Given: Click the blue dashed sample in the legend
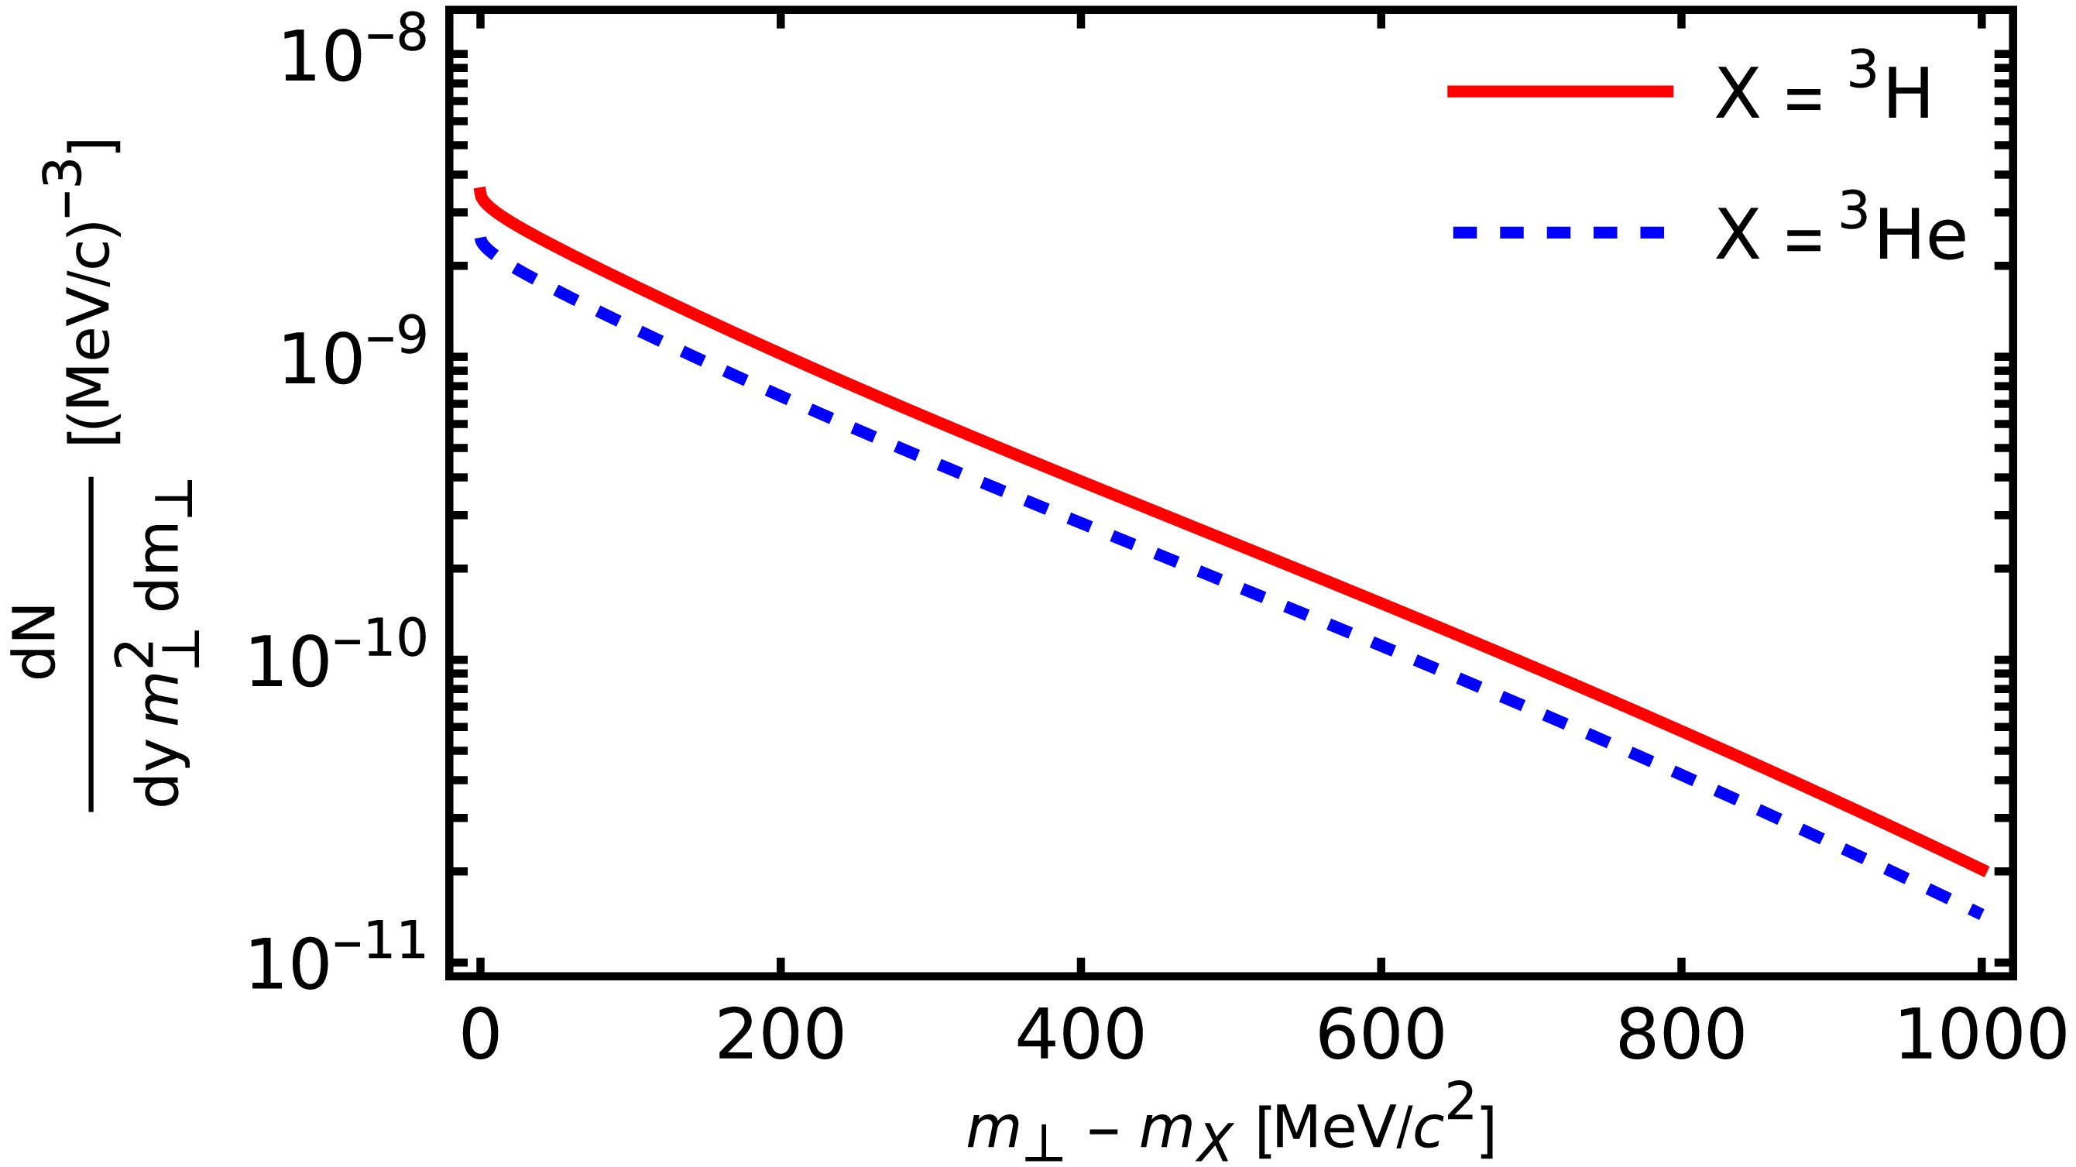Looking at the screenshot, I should click(1560, 233).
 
